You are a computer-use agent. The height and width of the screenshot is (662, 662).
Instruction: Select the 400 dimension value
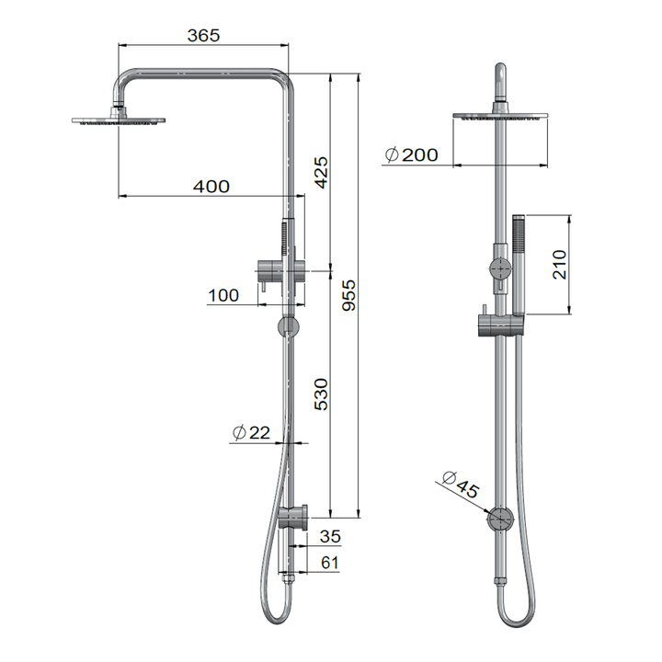coord(211,186)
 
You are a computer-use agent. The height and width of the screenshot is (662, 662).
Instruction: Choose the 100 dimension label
coord(223,295)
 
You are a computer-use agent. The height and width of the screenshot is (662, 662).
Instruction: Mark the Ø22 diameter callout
coord(251,432)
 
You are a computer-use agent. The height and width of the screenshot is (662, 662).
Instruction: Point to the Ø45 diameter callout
coord(460,484)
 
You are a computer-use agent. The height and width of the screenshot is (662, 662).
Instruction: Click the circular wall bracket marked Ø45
coord(501,520)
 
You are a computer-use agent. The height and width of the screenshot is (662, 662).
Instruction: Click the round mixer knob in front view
coord(500,268)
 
